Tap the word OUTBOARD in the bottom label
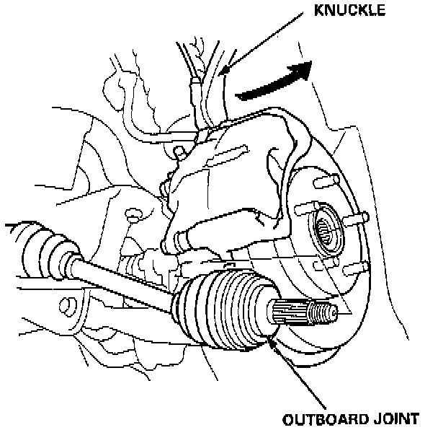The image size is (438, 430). [x=320, y=418]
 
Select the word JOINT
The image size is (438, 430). [x=397, y=418]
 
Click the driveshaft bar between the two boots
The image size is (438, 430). [x=122, y=279]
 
